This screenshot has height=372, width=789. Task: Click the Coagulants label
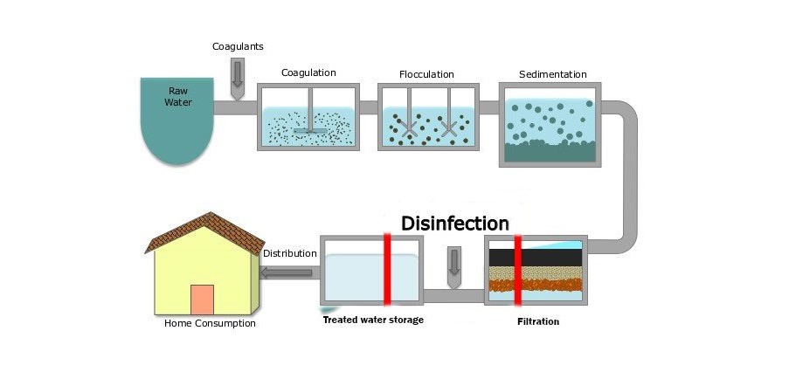tap(238, 47)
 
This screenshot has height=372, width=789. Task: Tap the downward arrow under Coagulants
tap(238, 79)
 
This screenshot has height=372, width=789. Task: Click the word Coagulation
tap(308, 72)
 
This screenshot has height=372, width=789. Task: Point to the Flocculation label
tap(426, 74)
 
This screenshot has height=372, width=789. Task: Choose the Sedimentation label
tap(553, 74)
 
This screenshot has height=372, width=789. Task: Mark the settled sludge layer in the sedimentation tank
tap(550, 151)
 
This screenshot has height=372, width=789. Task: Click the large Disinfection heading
tap(455, 224)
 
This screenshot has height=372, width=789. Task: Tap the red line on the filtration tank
tap(517, 271)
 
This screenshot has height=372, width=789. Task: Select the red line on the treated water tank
tap(387, 270)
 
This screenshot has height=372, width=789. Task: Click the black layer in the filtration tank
tap(536, 258)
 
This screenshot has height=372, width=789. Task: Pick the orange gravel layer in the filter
tap(536, 285)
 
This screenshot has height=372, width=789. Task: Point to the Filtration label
tap(538, 321)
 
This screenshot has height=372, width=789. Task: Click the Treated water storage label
tap(373, 320)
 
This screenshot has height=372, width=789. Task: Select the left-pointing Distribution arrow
tap(287, 273)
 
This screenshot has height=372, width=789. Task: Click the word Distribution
tap(290, 253)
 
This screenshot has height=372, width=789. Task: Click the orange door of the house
tap(203, 300)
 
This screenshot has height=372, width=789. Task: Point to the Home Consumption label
tap(210, 323)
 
